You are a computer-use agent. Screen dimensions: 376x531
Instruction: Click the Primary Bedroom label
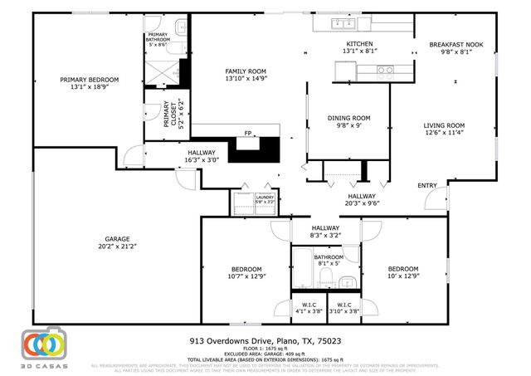pos(89,81)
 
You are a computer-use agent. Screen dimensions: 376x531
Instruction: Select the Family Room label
pos(245,72)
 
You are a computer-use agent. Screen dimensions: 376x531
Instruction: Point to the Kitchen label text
pos(359,44)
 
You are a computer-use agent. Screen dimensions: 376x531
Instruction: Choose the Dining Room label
pos(348,118)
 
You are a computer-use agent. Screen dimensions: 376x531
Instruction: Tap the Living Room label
pos(444,125)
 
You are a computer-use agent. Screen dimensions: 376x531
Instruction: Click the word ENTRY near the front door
pos(426,185)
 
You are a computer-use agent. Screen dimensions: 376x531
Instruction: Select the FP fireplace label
pos(247,133)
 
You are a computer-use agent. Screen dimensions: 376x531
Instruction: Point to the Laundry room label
pos(265,198)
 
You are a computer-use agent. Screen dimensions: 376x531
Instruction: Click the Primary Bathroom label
pos(158,37)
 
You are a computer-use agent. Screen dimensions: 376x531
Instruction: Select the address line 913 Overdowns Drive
pos(265,340)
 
